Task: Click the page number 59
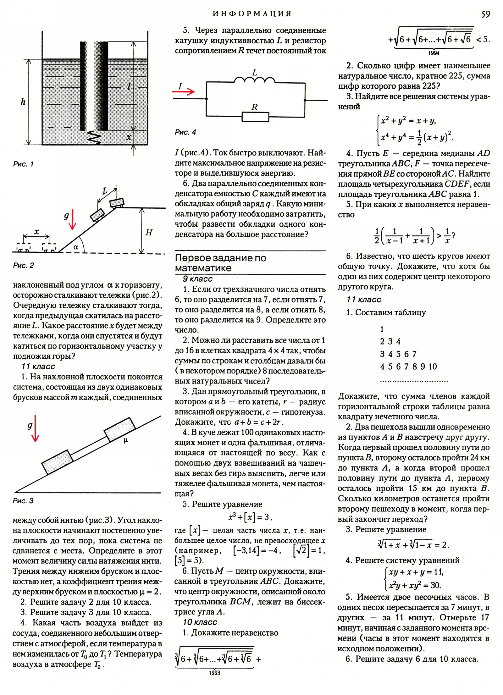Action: tap(485, 14)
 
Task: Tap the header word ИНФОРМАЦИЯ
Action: tap(252, 14)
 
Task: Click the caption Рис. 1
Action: tap(23, 164)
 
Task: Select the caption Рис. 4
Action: tap(185, 132)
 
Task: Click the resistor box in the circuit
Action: tap(255, 117)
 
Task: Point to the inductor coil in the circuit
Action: tap(255, 80)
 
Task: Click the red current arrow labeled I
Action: tap(184, 91)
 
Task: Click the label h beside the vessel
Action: tap(23, 102)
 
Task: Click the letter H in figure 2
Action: tap(149, 233)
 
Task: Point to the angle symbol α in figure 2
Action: tap(76, 247)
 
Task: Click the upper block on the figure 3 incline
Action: tap(119, 429)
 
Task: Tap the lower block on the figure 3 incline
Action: tap(58, 461)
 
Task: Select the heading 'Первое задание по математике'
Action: tap(220, 263)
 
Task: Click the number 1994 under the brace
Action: tap(434, 53)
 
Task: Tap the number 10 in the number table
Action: tap(433, 367)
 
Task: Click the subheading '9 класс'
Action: tap(198, 279)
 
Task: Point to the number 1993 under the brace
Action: tap(214, 673)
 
